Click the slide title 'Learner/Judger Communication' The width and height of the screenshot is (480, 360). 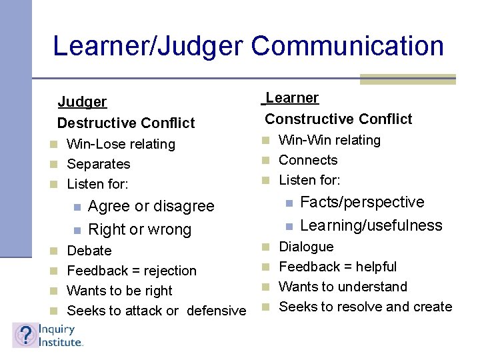(x=248, y=46)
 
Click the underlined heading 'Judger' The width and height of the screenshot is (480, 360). (x=82, y=102)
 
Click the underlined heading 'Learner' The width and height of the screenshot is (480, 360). (x=292, y=98)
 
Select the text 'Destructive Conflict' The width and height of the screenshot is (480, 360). (x=126, y=123)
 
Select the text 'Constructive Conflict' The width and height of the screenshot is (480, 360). (x=339, y=119)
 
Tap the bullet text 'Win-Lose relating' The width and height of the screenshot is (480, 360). (x=121, y=144)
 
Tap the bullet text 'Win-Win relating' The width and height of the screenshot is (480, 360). (x=329, y=140)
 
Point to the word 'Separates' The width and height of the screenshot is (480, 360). (x=99, y=164)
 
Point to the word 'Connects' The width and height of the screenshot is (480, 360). (x=308, y=160)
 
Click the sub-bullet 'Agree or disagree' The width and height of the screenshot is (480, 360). (x=151, y=207)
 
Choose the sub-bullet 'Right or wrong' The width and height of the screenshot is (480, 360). (x=139, y=230)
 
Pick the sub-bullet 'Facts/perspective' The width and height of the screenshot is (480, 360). (x=362, y=202)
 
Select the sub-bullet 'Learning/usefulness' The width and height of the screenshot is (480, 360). (x=371, y=225)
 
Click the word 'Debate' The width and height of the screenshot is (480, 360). (x=89, y=251)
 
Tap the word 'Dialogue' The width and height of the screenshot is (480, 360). (x=306, y=247)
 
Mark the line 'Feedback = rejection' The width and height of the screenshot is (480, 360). (x=132, y=271)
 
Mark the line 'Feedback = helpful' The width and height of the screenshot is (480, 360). (x=337, y=267)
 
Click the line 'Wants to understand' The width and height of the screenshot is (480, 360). (x=343, y=287)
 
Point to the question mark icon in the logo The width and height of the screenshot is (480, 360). (x=25, y=335)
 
